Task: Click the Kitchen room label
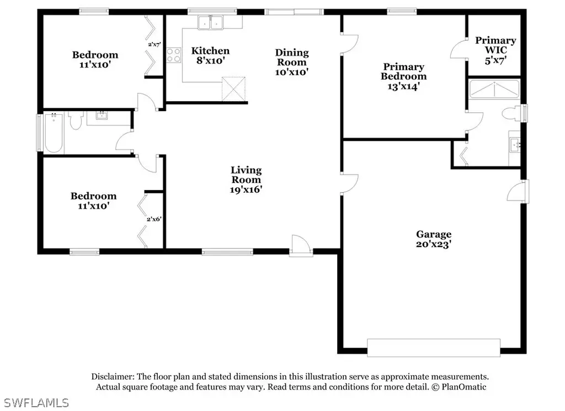(x=210, y=51)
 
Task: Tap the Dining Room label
(x=292, y=57)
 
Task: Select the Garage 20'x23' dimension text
(x=434, y=244)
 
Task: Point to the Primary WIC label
(x=496, y=45)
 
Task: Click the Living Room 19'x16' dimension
(x=246, y=189)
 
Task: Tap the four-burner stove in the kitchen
(x=174, y=55)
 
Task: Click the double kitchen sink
(x=210, y=22)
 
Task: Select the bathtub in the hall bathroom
(x=54, y=133)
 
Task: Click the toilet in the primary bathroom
(x=511, y=113)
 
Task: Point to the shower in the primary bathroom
(x=494, y=89)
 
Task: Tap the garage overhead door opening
(x=434, y=348)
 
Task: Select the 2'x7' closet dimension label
(x=154, y=44)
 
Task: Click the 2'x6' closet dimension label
(x=154, y=219)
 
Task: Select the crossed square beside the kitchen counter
(x=233, y=89)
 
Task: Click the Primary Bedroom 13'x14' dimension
(x=403, y=86)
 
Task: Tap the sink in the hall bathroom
(x=102, y=116)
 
